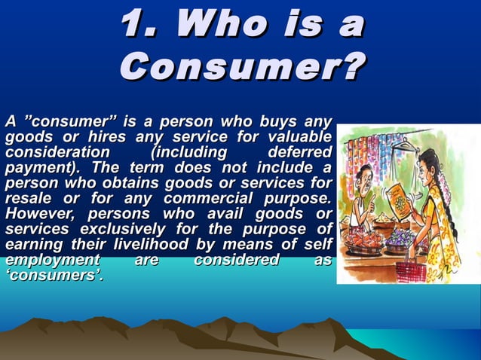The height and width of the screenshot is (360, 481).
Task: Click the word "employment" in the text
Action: (47, 261)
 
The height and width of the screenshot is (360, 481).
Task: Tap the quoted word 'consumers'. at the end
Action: (53, 276)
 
